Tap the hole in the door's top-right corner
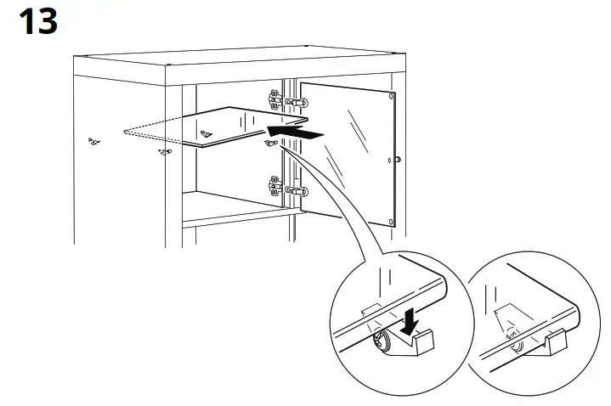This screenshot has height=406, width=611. click(x=388, y=95)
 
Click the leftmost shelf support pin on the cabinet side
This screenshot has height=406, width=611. click(x=93, y=139)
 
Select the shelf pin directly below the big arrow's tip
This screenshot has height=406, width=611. click(x=271, y=144)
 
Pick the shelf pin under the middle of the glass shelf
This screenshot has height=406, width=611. click(x=205, y=133)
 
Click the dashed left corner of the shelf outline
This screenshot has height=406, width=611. click(x=125, y=133)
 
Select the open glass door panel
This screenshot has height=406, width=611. click(x=348, y=153)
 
